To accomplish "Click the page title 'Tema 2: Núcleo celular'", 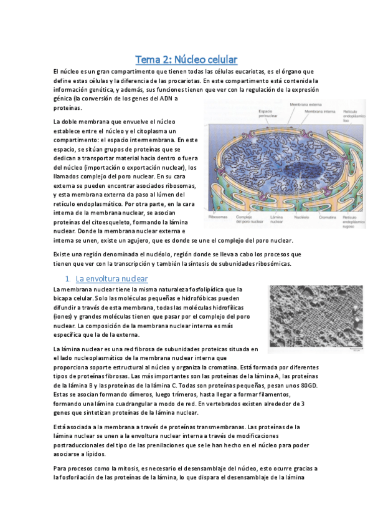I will (187, 60).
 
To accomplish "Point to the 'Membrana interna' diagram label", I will (321, 112).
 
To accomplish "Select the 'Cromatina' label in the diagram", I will (328, 217).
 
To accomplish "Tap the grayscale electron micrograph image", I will (315, 320).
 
